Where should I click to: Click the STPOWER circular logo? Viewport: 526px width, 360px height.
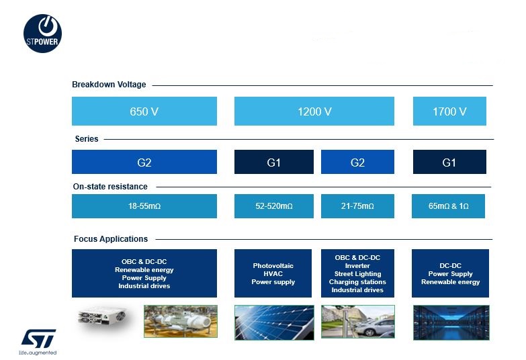(x=42, y=33)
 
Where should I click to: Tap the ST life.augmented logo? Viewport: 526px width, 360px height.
(x=38, y=342)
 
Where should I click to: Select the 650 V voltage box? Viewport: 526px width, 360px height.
(x=144, y=111)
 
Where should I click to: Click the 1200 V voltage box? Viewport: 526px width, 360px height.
(x=314, y=111)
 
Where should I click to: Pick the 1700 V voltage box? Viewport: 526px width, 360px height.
(x=449, y=111)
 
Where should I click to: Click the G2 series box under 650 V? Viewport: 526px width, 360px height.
(x=144, y=162)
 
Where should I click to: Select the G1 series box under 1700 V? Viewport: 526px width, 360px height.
(x=449, y=162)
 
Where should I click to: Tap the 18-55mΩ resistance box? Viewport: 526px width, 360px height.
(x=144, y=206)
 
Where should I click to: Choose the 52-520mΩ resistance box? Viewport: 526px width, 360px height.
(x=274, y=206)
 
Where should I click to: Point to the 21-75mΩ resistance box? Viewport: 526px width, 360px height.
(x=357, y=206)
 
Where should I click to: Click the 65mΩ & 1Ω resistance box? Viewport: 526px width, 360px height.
(x=448, y=206)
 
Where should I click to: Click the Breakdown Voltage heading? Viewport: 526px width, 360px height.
(x=109, y=85)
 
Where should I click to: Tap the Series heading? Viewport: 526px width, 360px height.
(x=87, y=139)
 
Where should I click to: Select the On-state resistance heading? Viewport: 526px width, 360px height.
(x=110, y=187)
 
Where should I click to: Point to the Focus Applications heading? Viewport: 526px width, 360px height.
(x=111, y=239)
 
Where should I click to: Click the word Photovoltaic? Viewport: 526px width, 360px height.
(x=273, y=266)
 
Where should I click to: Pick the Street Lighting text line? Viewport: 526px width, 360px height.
(x=357, y=274)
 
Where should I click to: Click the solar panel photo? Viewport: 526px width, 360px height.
(x=274, y=322)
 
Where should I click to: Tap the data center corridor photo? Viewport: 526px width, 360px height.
(x=451, y=322)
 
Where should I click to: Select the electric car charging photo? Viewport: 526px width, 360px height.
(x=358, y=322)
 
